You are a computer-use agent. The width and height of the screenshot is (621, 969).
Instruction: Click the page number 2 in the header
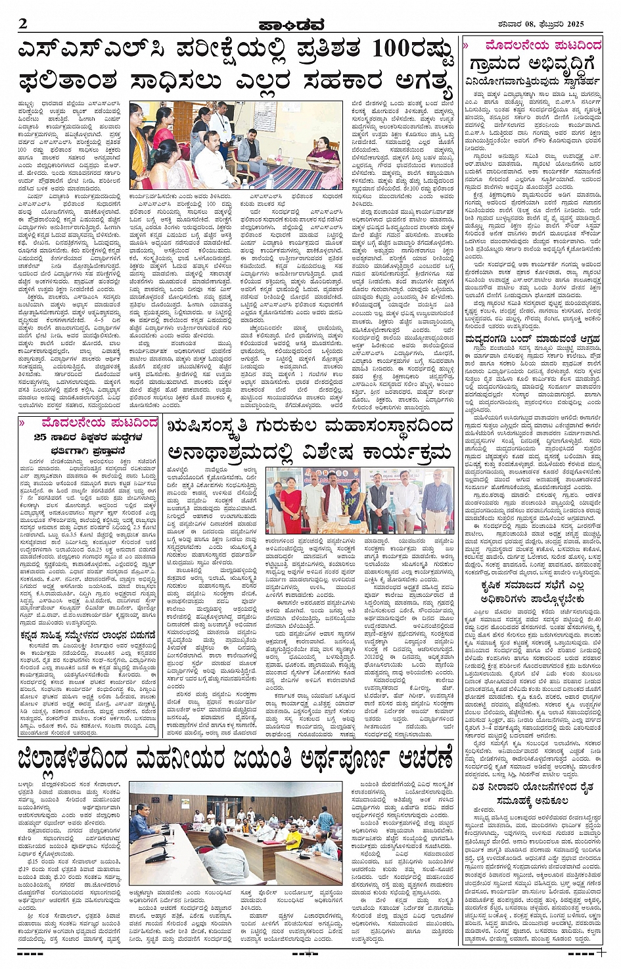click(23, 24)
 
